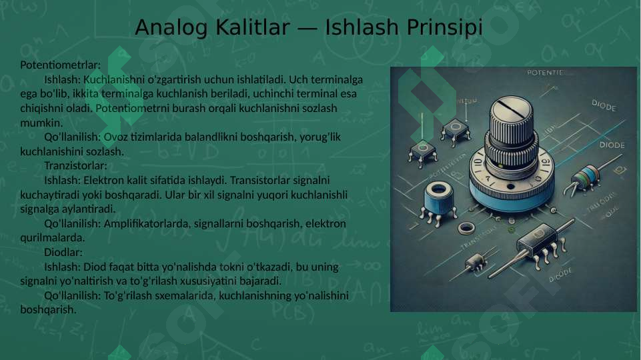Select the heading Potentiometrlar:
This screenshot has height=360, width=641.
click(x=61, y=65)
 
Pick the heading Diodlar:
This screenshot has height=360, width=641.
click(x=63, y=252)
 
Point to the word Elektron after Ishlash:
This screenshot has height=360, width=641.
click(x=102, y=180)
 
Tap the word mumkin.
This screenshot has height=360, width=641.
click(x=42, y=123)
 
